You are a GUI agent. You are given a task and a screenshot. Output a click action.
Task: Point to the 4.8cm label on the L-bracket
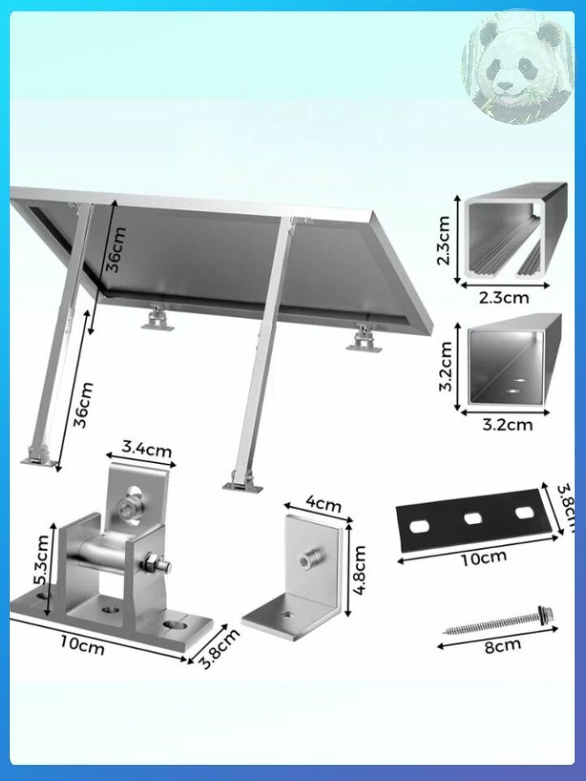pos(360,570)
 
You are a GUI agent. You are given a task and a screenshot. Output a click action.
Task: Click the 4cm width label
pos(323,504)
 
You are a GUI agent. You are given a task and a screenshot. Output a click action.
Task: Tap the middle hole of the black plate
pos(471,518)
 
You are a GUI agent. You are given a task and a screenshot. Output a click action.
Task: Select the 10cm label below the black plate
pos(483,557)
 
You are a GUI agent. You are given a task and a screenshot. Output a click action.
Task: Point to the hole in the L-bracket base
pos(286,614)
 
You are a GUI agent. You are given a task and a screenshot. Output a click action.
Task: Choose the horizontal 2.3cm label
pos(504,298)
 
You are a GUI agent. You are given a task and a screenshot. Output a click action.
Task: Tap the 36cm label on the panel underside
pos(116,250)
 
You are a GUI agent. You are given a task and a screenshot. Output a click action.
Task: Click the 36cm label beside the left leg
pos(84,405)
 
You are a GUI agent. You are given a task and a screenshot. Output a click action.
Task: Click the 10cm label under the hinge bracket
pos(82,646)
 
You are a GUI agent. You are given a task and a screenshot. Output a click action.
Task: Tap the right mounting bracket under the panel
pos(364,339)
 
